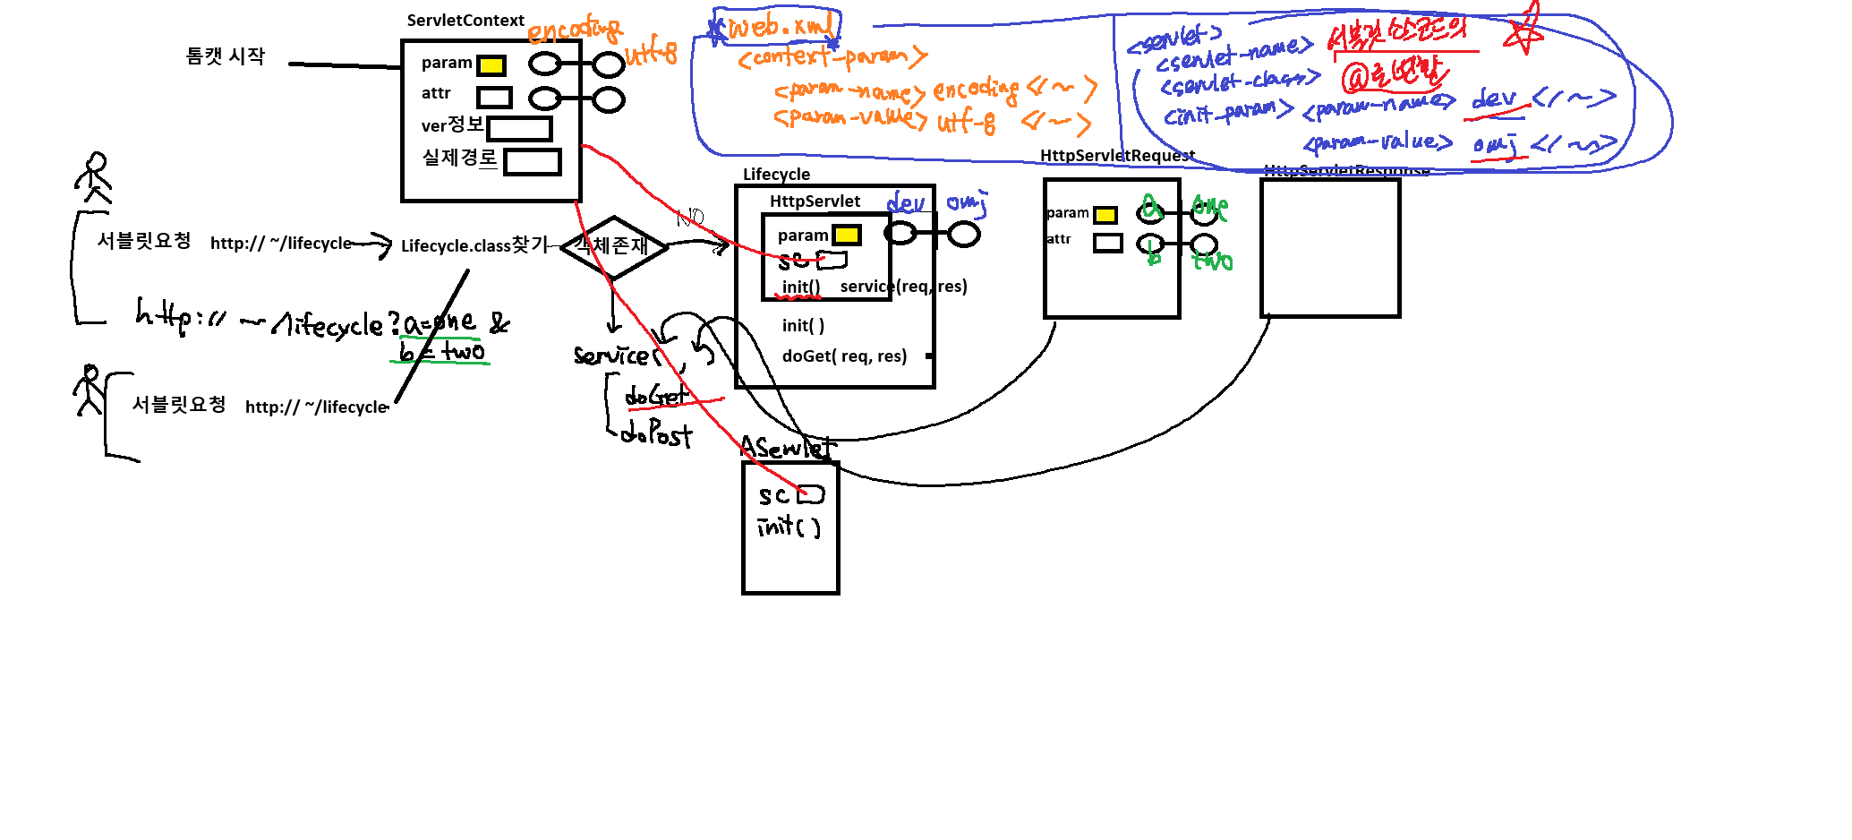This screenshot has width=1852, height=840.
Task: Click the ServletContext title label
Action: point(465,21)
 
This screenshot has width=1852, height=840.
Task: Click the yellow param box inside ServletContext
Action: point(491,65)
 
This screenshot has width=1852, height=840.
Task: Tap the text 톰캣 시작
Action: point(225,56)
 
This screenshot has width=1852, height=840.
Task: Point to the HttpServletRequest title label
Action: point(1117,156)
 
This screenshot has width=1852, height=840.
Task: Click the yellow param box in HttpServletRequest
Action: point(1105,215)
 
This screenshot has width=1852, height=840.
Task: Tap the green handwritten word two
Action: point(1213,261)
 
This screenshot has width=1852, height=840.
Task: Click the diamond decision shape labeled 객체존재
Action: point(614,245)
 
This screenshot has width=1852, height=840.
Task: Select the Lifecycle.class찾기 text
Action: point(474,245)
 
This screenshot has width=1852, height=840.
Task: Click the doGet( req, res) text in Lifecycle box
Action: point(844,356)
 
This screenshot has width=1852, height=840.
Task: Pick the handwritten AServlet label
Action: point(787,447)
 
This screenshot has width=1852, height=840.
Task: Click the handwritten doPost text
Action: point(656,434)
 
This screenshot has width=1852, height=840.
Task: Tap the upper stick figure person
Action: point(94,176)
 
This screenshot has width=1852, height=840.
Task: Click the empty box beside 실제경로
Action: point(532,162)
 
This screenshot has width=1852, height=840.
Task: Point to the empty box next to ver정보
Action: point(519,129)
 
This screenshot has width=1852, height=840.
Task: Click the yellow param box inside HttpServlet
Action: point(846,236)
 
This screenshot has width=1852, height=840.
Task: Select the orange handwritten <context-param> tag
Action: point(832,58)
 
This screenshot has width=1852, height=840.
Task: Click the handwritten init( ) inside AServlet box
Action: point(789,527)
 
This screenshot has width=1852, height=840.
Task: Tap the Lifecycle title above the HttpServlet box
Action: point(776,175)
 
